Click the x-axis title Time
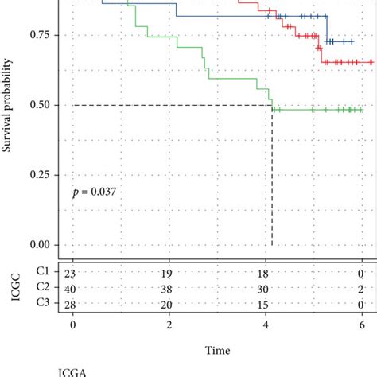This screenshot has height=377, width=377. coord(217,350)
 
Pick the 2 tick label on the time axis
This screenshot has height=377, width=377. coord(169,325)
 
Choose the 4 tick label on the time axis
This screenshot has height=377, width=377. coord(266,325)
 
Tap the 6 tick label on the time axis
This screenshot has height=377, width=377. coord(361,325)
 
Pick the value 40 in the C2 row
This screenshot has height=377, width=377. coord(73,289)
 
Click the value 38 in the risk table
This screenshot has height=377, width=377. coord(169,289)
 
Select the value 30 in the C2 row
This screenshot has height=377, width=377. coord(266,289)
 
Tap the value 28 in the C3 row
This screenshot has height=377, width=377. coord(73,305)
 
